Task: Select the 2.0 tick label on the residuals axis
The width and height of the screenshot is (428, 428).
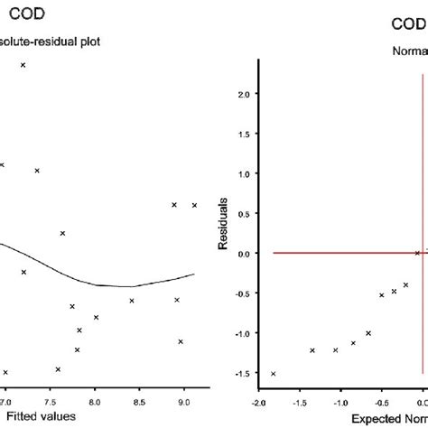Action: [x=243, y=93]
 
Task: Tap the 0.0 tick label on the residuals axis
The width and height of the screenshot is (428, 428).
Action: [x=243, y=254]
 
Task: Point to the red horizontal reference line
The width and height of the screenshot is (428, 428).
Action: [x=343, y=253]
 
